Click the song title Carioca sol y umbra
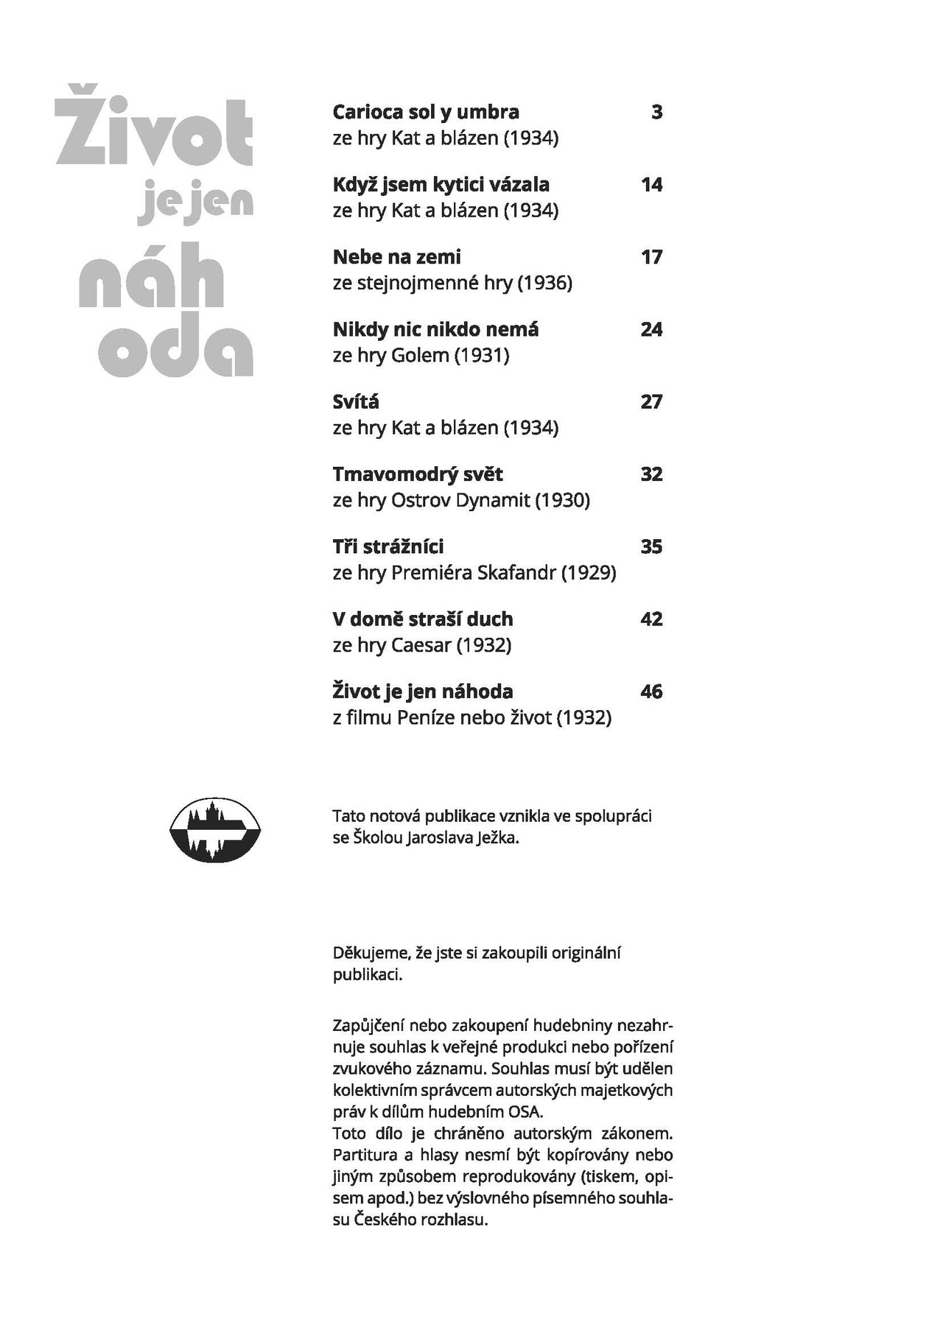tap(426, 112)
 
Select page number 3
tap(656, 112)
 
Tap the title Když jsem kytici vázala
tap(441, 184)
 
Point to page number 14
tap(651, 184)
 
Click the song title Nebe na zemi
tap(396, 257)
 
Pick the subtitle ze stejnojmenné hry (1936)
tap(452, 283)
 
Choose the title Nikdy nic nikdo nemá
tap(435, 329)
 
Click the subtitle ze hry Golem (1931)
tap(421, 355)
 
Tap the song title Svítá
tap(356, 401)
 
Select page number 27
tap(651, 401)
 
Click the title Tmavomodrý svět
tap(418, 474)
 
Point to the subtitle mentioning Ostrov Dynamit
tap(461, 500)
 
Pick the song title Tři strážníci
tap(388, 546)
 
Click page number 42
tap(651, 619)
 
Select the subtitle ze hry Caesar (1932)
tap(421, 645)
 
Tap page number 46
tap(651, 692)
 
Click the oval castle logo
tap(216, 829)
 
